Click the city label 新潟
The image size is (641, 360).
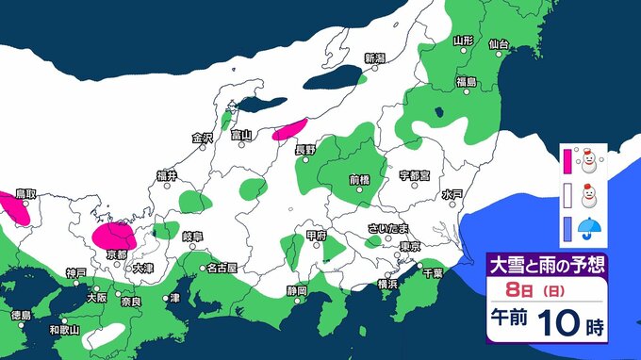[x=375, y=58]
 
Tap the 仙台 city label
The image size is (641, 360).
[x=499, y=44]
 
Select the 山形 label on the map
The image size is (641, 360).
[x=462, y=41]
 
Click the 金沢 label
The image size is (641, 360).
[x=203, y=138]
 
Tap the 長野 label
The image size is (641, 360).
[x=305, y=149]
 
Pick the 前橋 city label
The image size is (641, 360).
[x=359, y=179]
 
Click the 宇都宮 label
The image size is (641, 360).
[x=415, y=175]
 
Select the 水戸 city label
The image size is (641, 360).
[x=452, y=194]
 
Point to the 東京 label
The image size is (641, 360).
[x=409, y=246]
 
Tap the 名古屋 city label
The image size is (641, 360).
[x=222, y=267]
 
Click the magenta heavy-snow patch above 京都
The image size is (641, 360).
[x=114, y=235]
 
